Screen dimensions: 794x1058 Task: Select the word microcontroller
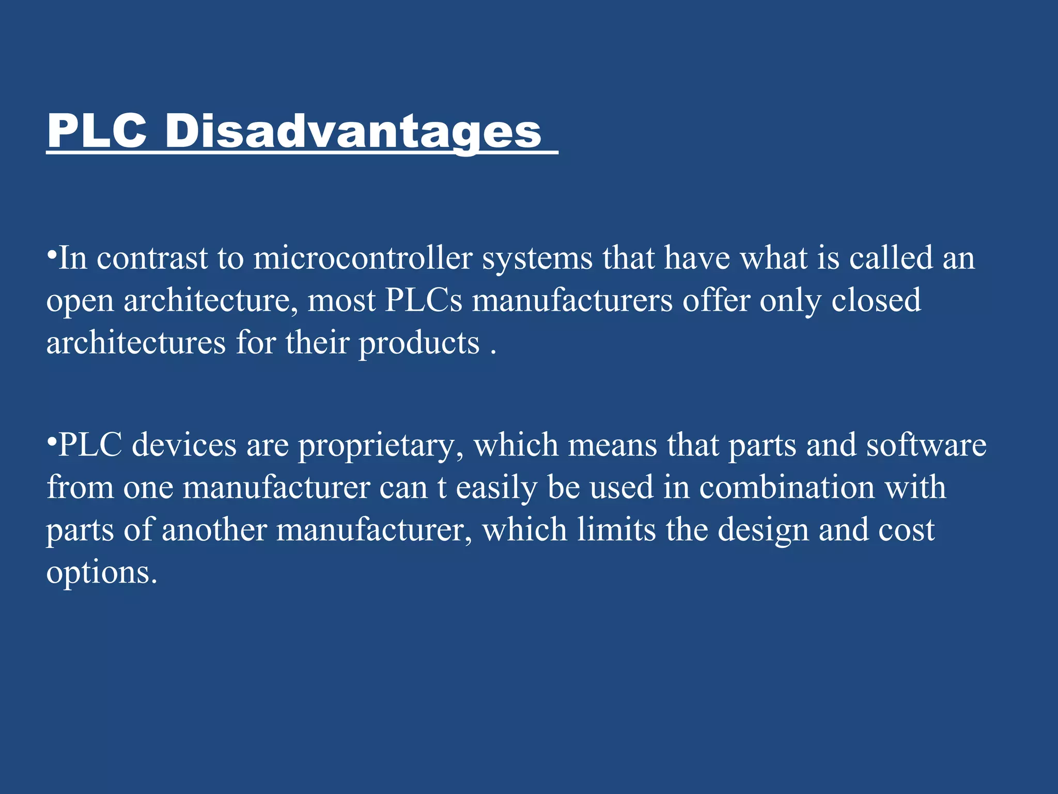tap(363, 258)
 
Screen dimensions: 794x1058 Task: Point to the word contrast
tap(152, 258)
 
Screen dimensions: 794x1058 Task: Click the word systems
tap(537, 258)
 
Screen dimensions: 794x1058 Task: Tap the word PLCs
tap(424, 300)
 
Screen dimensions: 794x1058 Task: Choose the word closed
tap(876, 300)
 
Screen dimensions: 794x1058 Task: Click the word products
tap(419, 343)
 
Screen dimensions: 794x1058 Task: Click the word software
tap(926, 445)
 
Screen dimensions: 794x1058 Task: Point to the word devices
tap(184, 445)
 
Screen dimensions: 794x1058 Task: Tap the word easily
tap(496, 488)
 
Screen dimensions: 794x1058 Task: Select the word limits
tap(616, 530)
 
